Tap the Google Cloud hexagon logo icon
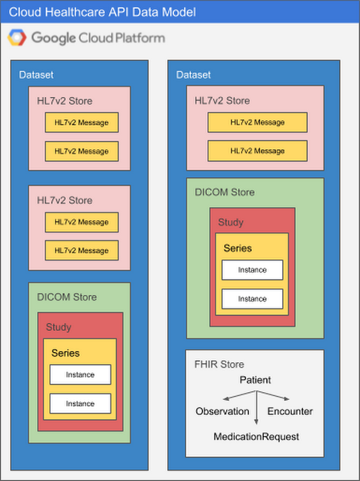click(18, 38)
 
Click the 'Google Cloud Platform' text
click(98, 38)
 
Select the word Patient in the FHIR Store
click(255, 379)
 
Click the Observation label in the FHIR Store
click(222, 411)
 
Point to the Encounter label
click(289, 411)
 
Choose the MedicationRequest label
click(256, 436)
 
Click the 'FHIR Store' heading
click(220, 364)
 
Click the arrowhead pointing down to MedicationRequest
click(256, 422)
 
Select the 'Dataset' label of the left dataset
click(36, 75)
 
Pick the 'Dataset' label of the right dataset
click(193, 75)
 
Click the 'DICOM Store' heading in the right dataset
click(225, 192)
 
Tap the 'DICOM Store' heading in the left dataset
click(67, 297)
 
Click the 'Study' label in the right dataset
click(230, 222)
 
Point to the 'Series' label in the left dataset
click(65, 353)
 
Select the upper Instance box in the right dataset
click(253, 270)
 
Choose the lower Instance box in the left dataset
click(79, 402)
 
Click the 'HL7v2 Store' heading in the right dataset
click(222, 100)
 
